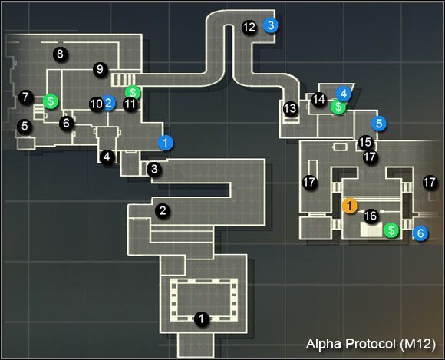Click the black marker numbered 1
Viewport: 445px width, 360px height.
pyautogui.click(x=201, y=319)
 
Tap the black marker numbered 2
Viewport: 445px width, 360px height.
pyautogui.click(x=162, y=210)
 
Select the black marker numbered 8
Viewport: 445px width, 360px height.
pyautogui.click(x=58, y=53)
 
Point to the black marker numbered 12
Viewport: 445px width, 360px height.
pyautogui.click(x=249, y=26)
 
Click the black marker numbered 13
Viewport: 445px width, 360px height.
pyautogui.click(x=289, y=109)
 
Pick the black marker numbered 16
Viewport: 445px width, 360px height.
pyautogui.click(x=371, y=216)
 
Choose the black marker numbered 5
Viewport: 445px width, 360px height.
pyautogui.click(x=25, y=126)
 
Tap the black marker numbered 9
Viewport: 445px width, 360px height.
pyautogui.click(x=99, y=70)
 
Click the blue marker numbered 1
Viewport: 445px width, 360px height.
pyautogui.click(x=165, y=142)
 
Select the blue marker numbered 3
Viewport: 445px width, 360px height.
pyautogui.click(x=270, y=25)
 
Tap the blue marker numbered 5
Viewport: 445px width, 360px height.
pyautogui.click(x=377, y=123)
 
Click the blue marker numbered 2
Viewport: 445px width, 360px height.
pyautogui.click(x=109, y=103)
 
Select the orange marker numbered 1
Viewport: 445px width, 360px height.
pyautogui.click(x=349, y=206)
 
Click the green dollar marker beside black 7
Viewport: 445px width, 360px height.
pyautogui.click(x=51, y=100)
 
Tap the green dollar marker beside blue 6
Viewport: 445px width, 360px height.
pyautogui.click(x=392, y=230)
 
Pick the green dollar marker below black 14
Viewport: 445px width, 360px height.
pyautogui.click(x=337, y=107)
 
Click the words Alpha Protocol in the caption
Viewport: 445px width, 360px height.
pyautogui.click(x=346, y=342)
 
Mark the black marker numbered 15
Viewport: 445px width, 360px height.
pyautogui.click(x=365, y=142)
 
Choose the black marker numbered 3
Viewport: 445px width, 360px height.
pyautogui.click(x=154, y=169)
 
